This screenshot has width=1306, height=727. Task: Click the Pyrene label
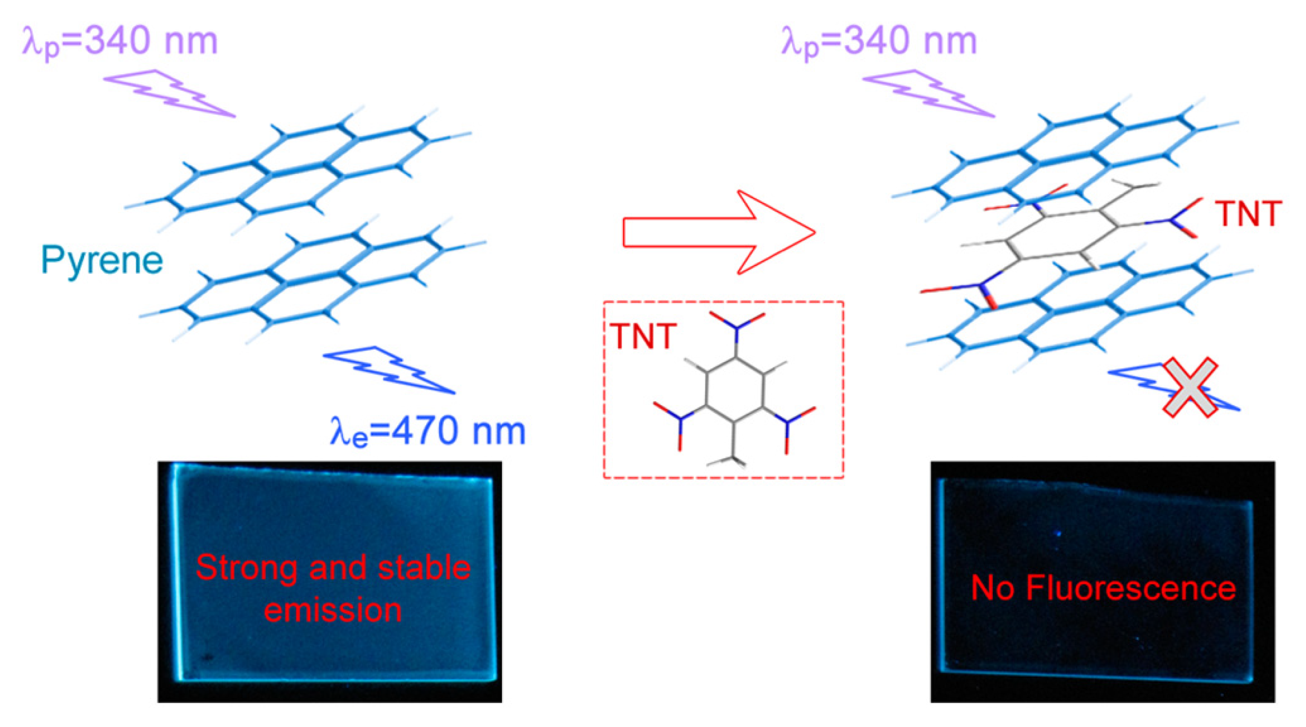(102, 261)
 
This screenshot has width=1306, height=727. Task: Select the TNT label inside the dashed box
(643, 335)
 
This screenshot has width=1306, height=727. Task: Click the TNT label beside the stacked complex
(1248, 214)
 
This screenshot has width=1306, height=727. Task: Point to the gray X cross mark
(1190, 387)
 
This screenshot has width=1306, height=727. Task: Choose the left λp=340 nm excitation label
(120, 42)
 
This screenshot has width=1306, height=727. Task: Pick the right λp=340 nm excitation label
(878, 42)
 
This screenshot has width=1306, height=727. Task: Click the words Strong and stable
(333, 567)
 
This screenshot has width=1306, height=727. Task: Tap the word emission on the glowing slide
(333, 610)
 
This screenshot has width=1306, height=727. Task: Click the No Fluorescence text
(1103, 589)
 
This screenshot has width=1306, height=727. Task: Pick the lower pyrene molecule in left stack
(314, 281)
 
